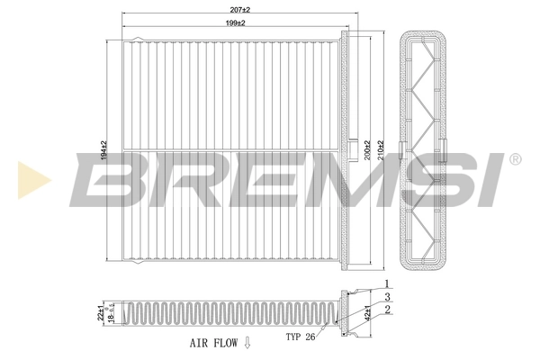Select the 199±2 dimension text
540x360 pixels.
point(237,22)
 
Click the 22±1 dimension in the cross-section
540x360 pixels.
point(101,311)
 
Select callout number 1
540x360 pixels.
point(388,286)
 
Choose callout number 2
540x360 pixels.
point(388,310)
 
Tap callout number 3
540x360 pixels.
point(388,298)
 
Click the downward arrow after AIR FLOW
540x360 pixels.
point(247,343)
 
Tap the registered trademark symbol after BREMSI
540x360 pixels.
point(515,160)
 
